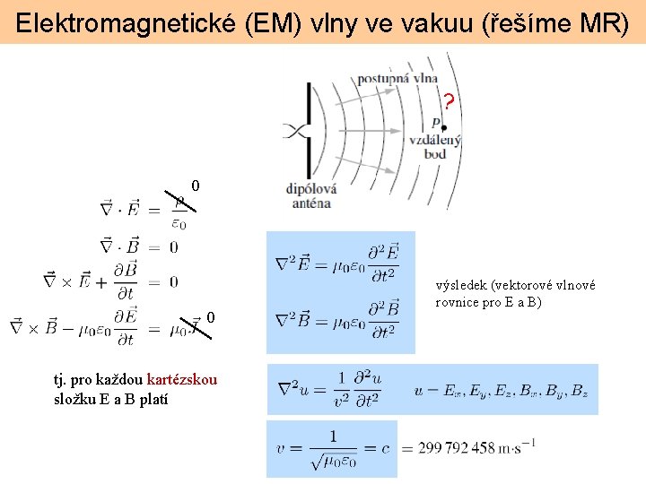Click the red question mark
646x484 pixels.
point(449,101)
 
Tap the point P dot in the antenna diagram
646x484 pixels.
point(444,128)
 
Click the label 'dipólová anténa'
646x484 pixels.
point(310,195)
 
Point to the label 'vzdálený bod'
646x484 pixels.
point(435,147)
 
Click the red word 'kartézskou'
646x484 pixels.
point(181,379)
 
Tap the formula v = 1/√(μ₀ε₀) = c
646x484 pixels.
point(333,447)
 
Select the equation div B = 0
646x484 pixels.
point(138,246)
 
